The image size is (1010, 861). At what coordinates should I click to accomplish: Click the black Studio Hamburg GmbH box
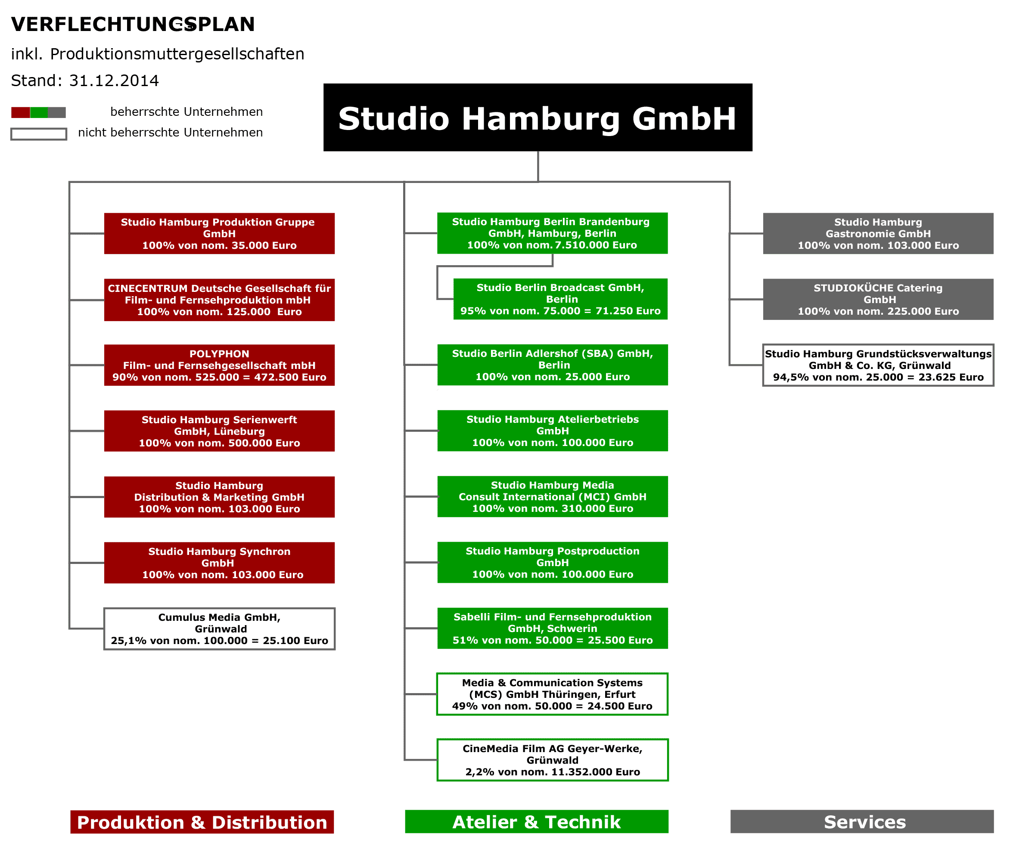[x=538, y=118]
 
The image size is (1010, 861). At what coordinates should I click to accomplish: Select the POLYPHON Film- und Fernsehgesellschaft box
[x=219, y=365]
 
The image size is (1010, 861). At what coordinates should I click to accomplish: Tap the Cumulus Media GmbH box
[x=219, y=629]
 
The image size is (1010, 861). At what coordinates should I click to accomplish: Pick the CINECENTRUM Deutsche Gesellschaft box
[x=219, y=300]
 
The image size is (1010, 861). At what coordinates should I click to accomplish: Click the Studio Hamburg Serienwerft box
[x=219, y=431]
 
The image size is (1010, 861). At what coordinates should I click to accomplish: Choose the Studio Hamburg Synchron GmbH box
[x=219, y=563]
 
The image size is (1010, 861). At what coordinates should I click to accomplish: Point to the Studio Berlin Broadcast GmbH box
[x=561, y=299]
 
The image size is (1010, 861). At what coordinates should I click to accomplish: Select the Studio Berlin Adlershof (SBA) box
[x=553, y=365]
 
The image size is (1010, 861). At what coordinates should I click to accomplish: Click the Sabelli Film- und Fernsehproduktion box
[x=553, y=628]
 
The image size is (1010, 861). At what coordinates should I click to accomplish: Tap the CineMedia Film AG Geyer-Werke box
[x=553, y=760]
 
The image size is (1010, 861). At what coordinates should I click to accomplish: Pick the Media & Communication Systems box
[x=552, y=694]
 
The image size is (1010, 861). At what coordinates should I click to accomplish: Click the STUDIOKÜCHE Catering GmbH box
[x=878, y=299]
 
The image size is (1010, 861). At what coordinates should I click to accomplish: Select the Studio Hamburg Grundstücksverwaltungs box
[x=878, y=365]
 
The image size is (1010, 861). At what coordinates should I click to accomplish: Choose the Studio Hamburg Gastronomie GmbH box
[x=878, y=233]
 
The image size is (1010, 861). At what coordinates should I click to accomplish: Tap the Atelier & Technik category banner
[x=537, y=821]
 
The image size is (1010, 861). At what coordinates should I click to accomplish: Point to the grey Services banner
[x=862, y=821]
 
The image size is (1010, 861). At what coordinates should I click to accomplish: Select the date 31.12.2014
[x=114, y=81]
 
